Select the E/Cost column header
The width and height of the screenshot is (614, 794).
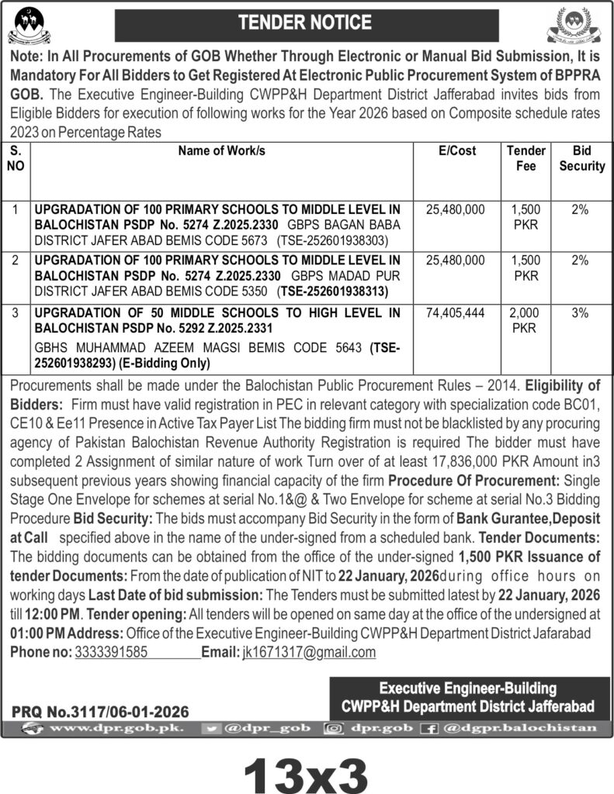457,151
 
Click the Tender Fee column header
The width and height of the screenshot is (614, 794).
526,158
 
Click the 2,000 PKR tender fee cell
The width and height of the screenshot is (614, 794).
526,319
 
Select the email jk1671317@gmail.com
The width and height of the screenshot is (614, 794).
308,652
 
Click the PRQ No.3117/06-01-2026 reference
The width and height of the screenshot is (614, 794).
100,711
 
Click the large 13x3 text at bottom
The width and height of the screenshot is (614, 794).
307,767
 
